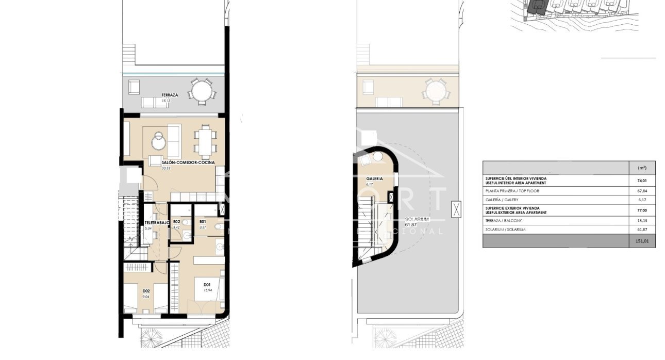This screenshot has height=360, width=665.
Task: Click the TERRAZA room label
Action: click(x=170, y=95)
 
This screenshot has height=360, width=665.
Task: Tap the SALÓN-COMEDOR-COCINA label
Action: click(x=188, y=162)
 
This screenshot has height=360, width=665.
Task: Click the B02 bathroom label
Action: click(x=176, y=222)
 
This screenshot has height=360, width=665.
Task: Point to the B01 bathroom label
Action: click(x=202, y=222)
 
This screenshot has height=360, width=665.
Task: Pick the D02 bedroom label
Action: click(x=146, y=290)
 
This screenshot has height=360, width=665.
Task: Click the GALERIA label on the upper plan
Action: click(x=374, y=178)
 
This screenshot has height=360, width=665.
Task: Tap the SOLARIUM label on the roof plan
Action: click(x=417, y=219)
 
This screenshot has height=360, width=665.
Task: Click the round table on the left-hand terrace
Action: click(x=201, y=92)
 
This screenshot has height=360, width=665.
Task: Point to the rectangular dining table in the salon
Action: click(x=205, y=141)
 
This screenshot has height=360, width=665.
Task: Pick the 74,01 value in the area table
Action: click(x=642, y=181)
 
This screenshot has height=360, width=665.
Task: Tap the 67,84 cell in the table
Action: click(x=642, y=191)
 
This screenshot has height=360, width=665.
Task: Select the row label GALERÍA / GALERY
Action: click(x=502, y=200)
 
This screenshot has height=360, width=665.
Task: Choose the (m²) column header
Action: click(x=642, y=168)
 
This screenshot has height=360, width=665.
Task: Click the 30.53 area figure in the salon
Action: click(x=166, y=169)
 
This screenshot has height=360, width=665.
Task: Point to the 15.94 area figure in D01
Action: click(x=208, y=290)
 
